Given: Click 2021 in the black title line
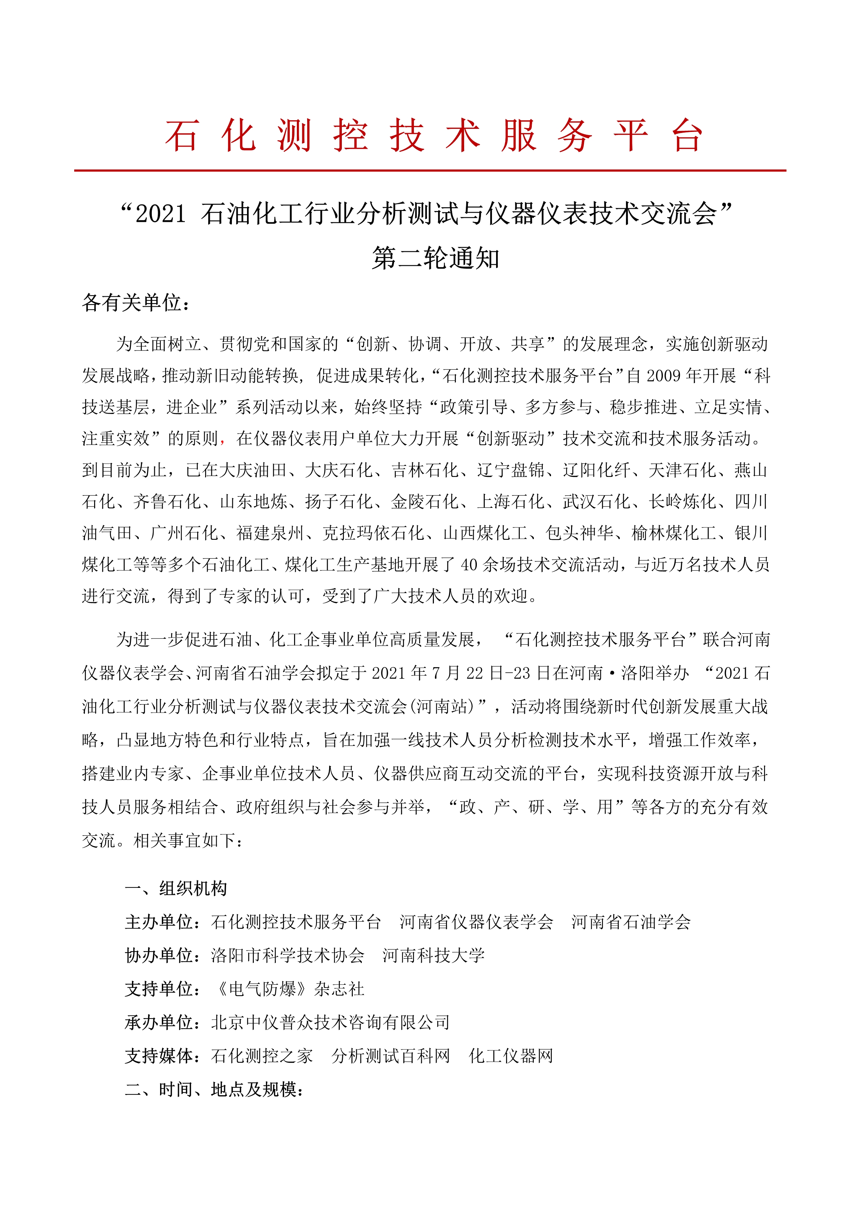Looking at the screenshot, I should (160, 214).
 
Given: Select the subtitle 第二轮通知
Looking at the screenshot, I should (435, 258).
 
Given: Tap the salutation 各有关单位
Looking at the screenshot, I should (135, 303).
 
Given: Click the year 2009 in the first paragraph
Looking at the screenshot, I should (663, 376).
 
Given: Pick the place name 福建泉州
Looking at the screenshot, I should (270, 533).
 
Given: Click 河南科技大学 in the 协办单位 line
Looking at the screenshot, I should (433, 956).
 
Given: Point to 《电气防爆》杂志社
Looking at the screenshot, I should (290, 989).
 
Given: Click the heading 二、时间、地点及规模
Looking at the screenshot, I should (214, 1090).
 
